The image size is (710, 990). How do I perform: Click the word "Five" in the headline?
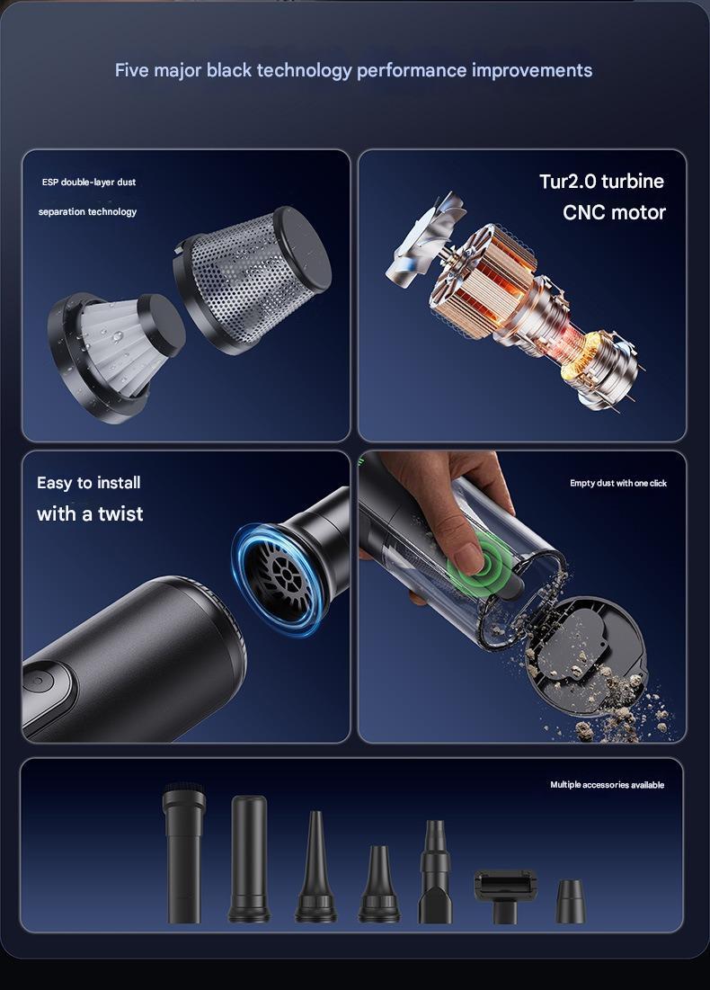coord(131,70)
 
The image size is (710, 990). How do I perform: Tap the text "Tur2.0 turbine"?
coord(601,182)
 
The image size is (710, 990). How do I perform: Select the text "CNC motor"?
coord(614,212)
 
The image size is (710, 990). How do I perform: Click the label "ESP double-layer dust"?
coord(89,182)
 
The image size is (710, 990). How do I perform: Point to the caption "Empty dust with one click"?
coord(618,483)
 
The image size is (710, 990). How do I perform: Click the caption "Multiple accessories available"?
coord(608,785)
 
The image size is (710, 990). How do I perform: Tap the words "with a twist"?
coord(90,513)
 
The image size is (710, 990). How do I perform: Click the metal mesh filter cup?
coord(253,279)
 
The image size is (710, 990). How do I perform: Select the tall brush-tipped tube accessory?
coord(183,852)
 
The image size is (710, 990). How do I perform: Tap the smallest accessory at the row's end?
coord(571,901)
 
